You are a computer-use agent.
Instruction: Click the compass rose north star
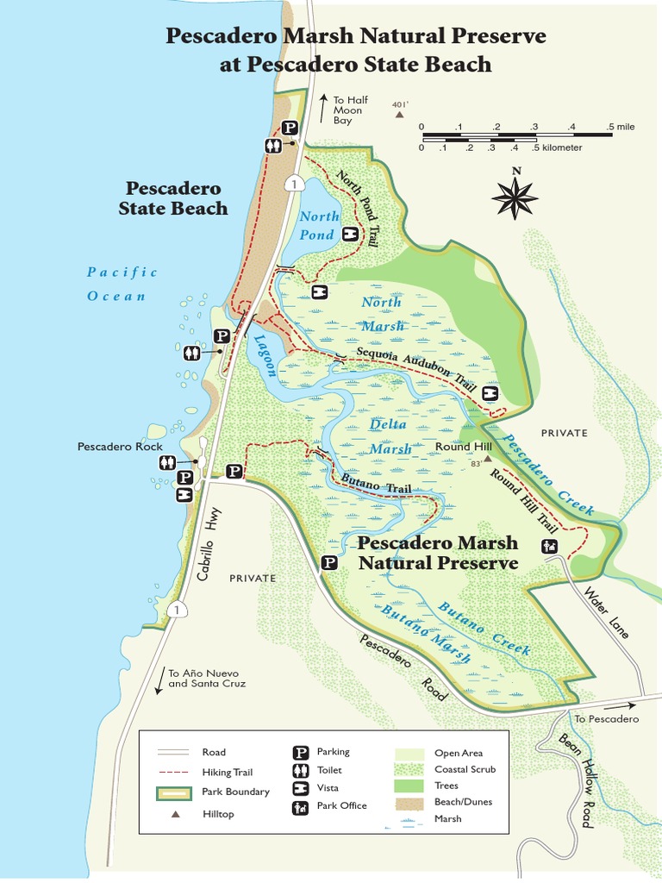(x=515, y=197)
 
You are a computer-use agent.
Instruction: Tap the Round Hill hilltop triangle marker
(x=486, y=460)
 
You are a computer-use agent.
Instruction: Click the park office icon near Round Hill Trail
(x=548, y=545)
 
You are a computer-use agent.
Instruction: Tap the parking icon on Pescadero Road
(x=328, y=563)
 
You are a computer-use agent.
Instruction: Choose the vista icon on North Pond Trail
(x=350, y=234)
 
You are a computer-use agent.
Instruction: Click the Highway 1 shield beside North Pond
(x=295, y=184)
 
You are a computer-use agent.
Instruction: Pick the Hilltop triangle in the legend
(x=175, y=813)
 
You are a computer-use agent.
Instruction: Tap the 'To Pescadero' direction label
(x=607, y=718)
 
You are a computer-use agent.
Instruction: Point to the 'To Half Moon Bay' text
(x=349, y=110)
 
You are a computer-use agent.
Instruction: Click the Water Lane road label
(x=607, y=612)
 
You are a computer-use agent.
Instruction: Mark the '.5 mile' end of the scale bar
(x=621, y=127)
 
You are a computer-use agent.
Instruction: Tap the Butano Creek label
(x=484, y=628)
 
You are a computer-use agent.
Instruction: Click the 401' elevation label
(x=399, y=105)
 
